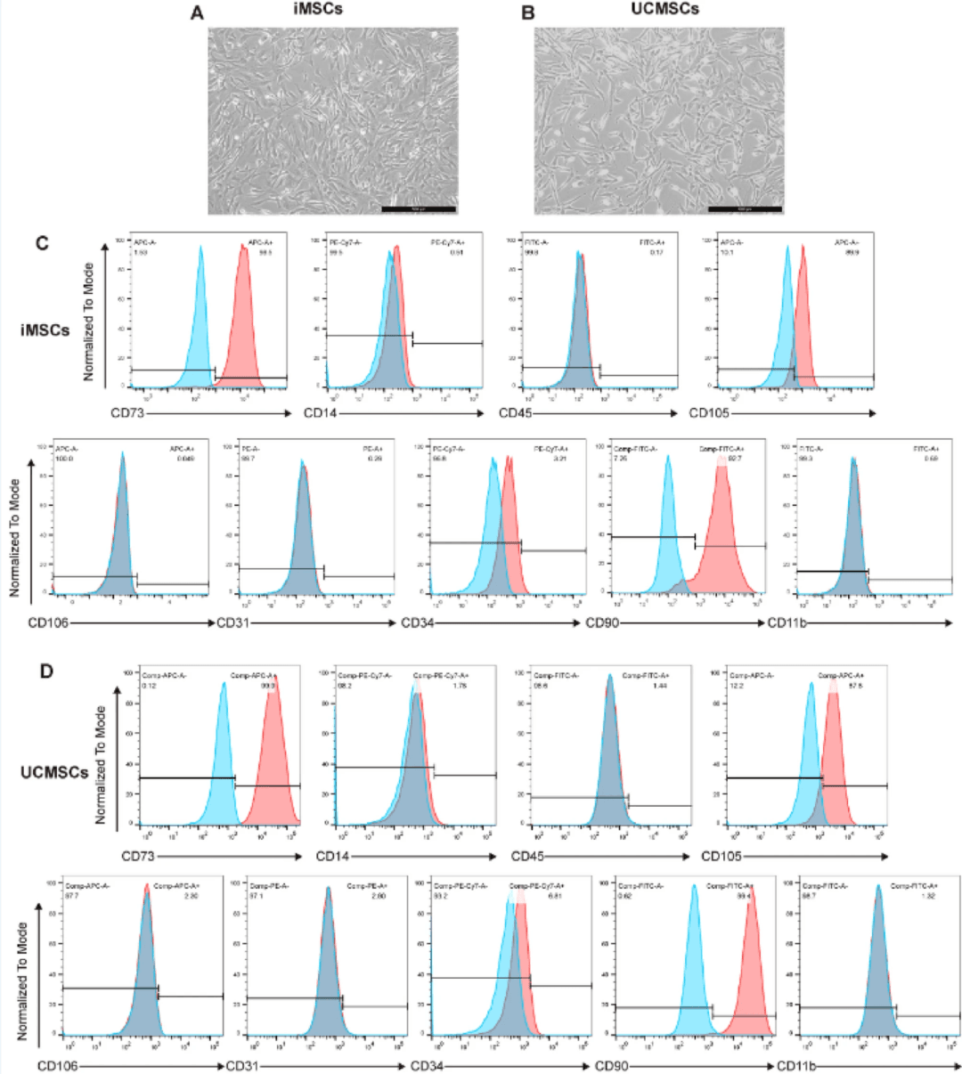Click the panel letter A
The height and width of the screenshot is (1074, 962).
pyautogui.click(x=197, y=13)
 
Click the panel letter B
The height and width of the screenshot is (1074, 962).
pyautogui.click(x=528, y=13)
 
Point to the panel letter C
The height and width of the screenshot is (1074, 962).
pyautogui.click(x=41, y=243)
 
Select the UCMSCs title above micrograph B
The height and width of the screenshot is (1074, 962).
pyautogui.click(x=659, y=10)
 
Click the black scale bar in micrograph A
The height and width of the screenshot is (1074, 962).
pyautogui.click(x=418, y=209)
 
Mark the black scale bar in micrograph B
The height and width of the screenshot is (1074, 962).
pyautogui.click(x=745, y=209)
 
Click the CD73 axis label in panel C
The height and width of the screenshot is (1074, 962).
pyautogui.click(x=126, y=413)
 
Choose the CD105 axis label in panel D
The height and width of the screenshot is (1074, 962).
pyautogui.click(x=722, y=857)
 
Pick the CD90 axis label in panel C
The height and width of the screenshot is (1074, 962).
pyautogui.click(x=602, y=622)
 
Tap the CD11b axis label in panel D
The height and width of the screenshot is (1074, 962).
pyautogui.click(x=796, y=1065)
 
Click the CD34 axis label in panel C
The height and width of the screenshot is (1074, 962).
pyautogui.click(x=418, y=622)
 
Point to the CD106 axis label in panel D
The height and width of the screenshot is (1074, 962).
pyautogui.click(x=56, y=1065)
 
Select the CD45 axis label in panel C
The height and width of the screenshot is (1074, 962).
pyautogui.click(x=515, y=413)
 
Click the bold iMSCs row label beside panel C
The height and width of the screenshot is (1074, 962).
pyautogui.click(x=45, y=331)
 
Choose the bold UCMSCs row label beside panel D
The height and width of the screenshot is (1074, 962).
pyautogui.click(x=54, y=772)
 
